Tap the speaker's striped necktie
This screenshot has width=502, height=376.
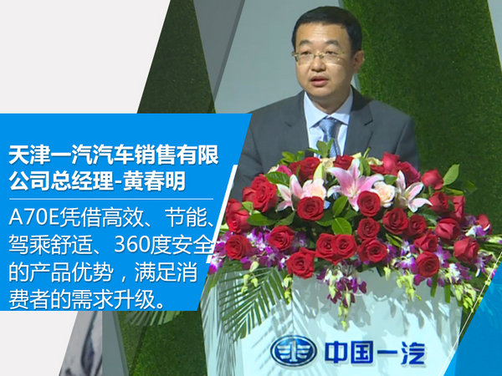(x=330, y=133)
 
